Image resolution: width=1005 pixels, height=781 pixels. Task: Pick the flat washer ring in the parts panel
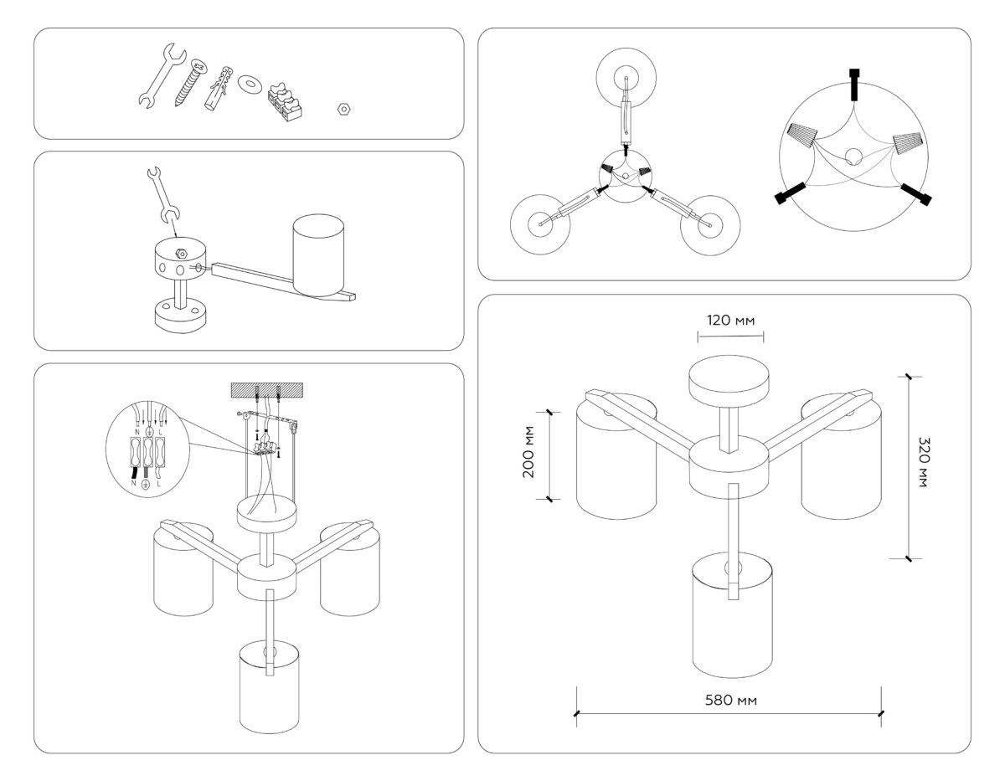[x=249, y=85]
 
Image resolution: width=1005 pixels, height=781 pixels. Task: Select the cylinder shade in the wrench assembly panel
[x=317, y=254]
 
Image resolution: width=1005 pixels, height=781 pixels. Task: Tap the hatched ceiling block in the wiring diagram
[x=267, y=390]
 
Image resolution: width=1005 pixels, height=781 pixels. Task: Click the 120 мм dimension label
[x=729, y=321]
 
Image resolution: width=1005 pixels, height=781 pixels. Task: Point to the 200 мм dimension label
[x=528, y=457]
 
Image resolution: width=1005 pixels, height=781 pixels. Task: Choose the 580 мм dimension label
[x=729, y=700]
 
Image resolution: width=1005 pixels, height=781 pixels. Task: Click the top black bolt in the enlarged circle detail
[x=853, y=83]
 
